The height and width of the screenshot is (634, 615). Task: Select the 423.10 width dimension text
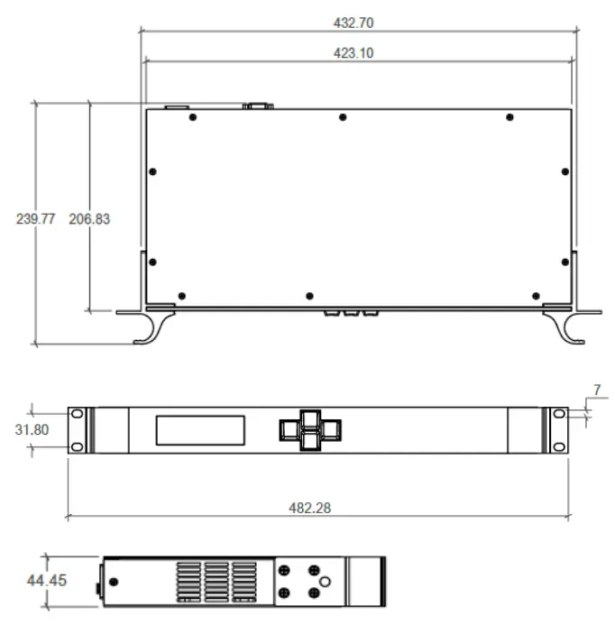(x=353, y=53)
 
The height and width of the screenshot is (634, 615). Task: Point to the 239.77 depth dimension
(x=36, y=219)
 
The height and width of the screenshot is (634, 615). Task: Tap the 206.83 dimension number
(x=89, y=219)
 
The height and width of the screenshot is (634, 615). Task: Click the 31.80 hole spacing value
(x=32, y=430)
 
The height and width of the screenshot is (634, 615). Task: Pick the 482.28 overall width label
(x=309, y=508)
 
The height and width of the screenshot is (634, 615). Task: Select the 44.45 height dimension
(x=46, y=581)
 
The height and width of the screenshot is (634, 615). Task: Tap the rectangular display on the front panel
(x=200, y=430)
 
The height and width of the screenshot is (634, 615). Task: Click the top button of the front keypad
(x=310, y=418)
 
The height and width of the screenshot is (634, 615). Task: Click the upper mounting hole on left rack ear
(x=77, y=414)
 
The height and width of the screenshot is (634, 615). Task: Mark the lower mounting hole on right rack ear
(x=559, y=446)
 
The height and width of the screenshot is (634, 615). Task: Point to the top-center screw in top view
(x=343, y=117)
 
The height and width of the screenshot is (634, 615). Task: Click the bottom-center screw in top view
(x=309, y=296)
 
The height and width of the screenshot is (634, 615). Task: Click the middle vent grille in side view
(x=216, y=582)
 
